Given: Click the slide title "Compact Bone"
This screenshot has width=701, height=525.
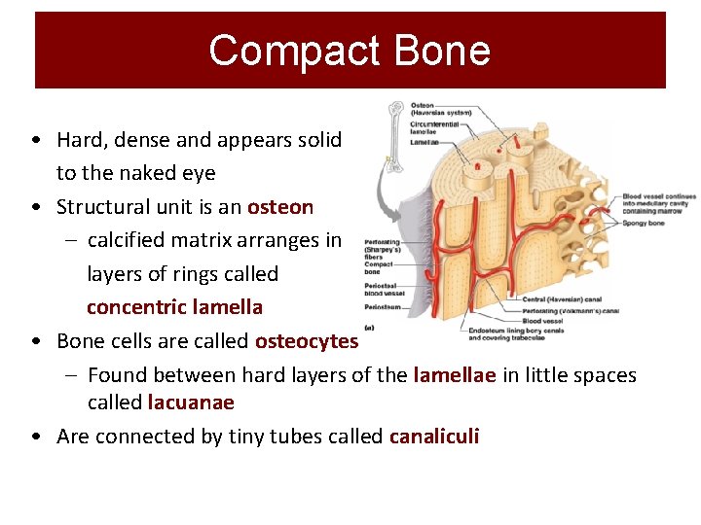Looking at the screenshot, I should [350, 50].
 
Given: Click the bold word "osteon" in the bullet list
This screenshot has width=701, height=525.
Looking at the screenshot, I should [280, 206].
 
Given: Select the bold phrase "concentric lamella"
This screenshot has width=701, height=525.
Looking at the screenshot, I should [174, 307].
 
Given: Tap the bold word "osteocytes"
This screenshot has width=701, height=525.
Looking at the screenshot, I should [307, 340].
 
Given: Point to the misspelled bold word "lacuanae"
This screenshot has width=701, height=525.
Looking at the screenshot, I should [191, 402].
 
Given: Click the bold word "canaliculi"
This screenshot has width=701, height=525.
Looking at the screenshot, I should [434, 437].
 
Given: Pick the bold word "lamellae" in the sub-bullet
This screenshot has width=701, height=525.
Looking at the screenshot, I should [455, 374].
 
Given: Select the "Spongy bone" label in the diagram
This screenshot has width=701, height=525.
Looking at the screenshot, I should [644, 223].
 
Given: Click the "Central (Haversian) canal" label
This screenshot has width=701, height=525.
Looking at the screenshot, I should [561, 299].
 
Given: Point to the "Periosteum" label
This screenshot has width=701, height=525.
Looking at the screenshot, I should [381, 305].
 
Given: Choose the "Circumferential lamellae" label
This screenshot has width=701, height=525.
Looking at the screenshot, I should [435, 126].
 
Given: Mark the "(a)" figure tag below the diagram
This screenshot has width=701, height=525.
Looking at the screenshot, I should [370, 328].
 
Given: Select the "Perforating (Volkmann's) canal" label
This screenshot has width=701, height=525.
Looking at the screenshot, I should [570, 310].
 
